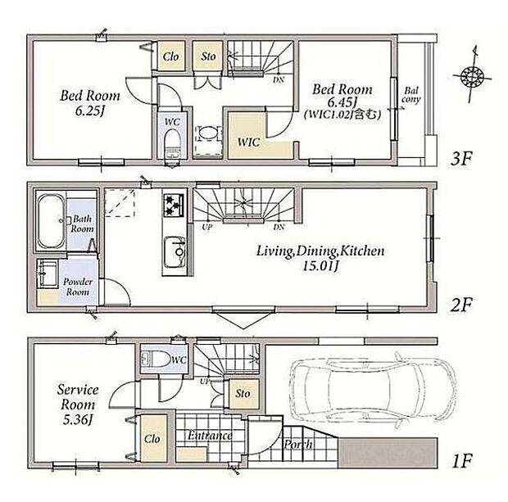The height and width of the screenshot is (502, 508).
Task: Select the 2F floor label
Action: pyautogui.click(x=461, y=305)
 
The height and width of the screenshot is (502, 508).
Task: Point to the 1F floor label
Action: pyautogui.click(x=462, y=460)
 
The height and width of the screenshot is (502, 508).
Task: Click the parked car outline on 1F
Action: pyautogui.click(x=372, y=391)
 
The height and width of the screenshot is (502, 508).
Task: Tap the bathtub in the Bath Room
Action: pyautogui.click(x=50, y=221)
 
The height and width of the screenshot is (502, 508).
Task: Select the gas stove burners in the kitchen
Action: pyautogui.click(x=174, y=205)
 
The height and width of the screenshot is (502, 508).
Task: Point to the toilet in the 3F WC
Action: pyautogui.click(x=172, y=143)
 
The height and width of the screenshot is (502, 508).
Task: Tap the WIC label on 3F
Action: pyautogui.click(x=248, y=142)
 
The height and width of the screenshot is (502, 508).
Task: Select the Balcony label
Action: pyautogui.click(x=410, y=95)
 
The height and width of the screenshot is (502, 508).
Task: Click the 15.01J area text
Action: pyautogui.click(x=320, y=266)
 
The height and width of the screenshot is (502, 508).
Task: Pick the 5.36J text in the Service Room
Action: pyautogui.click(x=78, y=420)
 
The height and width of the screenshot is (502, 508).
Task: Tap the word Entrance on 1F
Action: pyautogui.click(x=210, y=436)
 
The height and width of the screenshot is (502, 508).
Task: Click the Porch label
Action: pyautogui.click(x=298, y=444)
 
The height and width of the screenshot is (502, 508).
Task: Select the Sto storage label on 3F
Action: pyautogui.click(x=208, y=56)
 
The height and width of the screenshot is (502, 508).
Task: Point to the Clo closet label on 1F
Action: pyautogui.click(x=152, y=439)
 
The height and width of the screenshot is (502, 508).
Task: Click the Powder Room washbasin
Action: pyautogui.click(x=48, y=274)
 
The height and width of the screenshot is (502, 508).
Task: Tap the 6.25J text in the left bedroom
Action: pyautogui.click(x=90, y=111)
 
